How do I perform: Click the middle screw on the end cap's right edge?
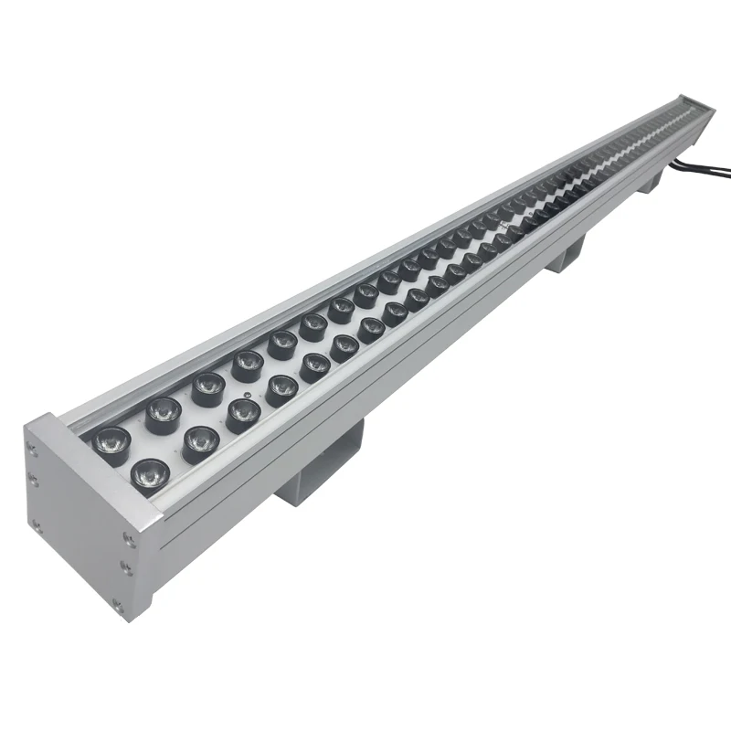click(x=125, y=568)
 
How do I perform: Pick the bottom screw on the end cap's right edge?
click(x=116, y=603)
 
